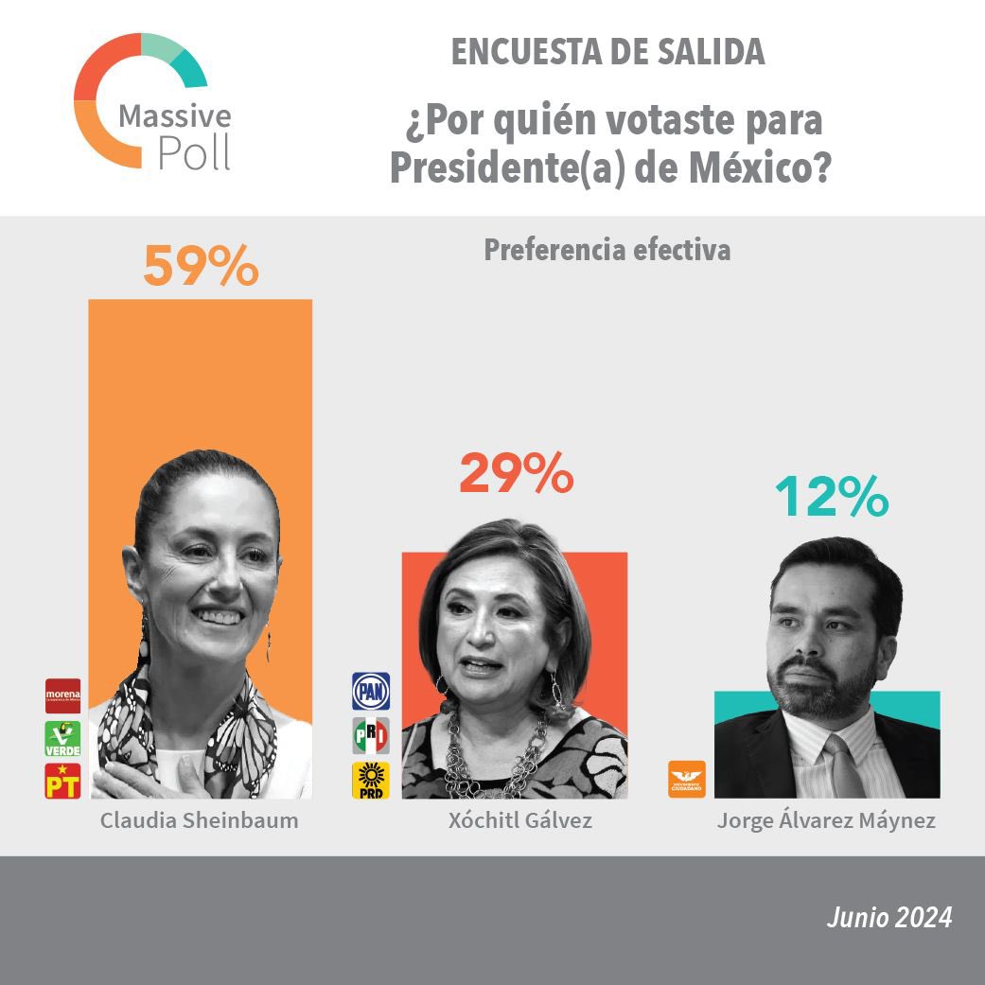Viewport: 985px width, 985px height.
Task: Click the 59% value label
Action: pyautogui.click(x=201, y=267)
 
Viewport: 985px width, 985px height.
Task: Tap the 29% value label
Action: pyautogui.click(x=516, y=475)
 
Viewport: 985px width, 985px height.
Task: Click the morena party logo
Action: pyautogui.click(x=62, y=695)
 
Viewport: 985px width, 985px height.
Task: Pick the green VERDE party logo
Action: pyautogui.click(x=62, y=738)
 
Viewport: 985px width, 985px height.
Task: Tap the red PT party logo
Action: pyautogui.click(x=62, y=781)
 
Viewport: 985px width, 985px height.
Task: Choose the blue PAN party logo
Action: pyautogui.click(x=371, y=692)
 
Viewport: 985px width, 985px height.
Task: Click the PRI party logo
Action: pyautogui.click(x=371, y=736)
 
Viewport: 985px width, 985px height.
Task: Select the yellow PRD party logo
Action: pyautogui.click(x=371, y=780)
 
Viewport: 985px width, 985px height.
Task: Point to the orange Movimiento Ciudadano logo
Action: pyautogui.click(x=687, y=779)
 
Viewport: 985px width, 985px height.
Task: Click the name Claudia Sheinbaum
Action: pyautogui.click(x=200, y=820)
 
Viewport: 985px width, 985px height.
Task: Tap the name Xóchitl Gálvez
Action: pyautogui.click(x=520, y=820)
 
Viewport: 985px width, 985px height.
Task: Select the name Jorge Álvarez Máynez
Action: pyautogui.click(x=826, y=820)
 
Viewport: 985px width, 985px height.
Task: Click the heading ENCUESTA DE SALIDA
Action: pyautogui.click(x=607, y=53)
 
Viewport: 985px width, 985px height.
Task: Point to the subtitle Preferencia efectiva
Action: pyautogui.click(x=607, y=250)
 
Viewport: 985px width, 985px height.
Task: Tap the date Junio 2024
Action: pyautogui.click(x=888, y=917)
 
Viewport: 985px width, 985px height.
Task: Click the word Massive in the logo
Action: pyautogui.click(x=174, y=116)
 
